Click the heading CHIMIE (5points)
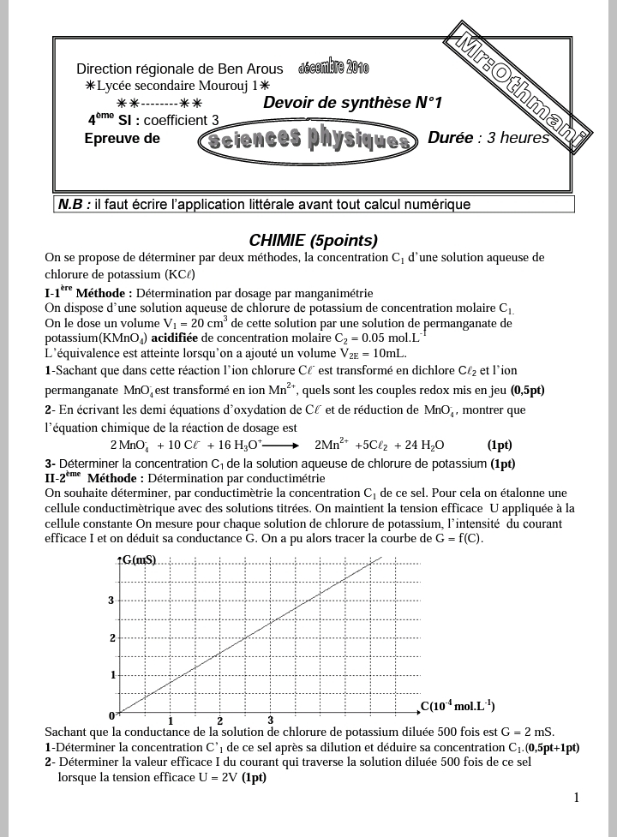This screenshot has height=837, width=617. click(x=313, y=241)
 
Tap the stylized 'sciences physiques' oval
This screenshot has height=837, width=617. click(x=308, y=140)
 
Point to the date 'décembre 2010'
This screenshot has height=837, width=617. click(x=333, y=68)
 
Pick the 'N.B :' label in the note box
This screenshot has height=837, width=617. click(x=75, y=205)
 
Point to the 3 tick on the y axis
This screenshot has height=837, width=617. click(x=111, y=601)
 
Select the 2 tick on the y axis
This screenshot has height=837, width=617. click(x=111, y=638)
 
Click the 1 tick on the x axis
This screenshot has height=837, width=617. click(x=171, y=720)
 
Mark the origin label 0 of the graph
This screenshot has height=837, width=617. click(x=111, y=715)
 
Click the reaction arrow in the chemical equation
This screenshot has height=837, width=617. click(x=282, y=445)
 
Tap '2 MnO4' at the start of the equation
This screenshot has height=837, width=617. click(x=129, y=445)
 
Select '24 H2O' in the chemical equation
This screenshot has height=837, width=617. click(x=426, y=445)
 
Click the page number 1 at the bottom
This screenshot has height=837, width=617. click(x=577, y=798)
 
